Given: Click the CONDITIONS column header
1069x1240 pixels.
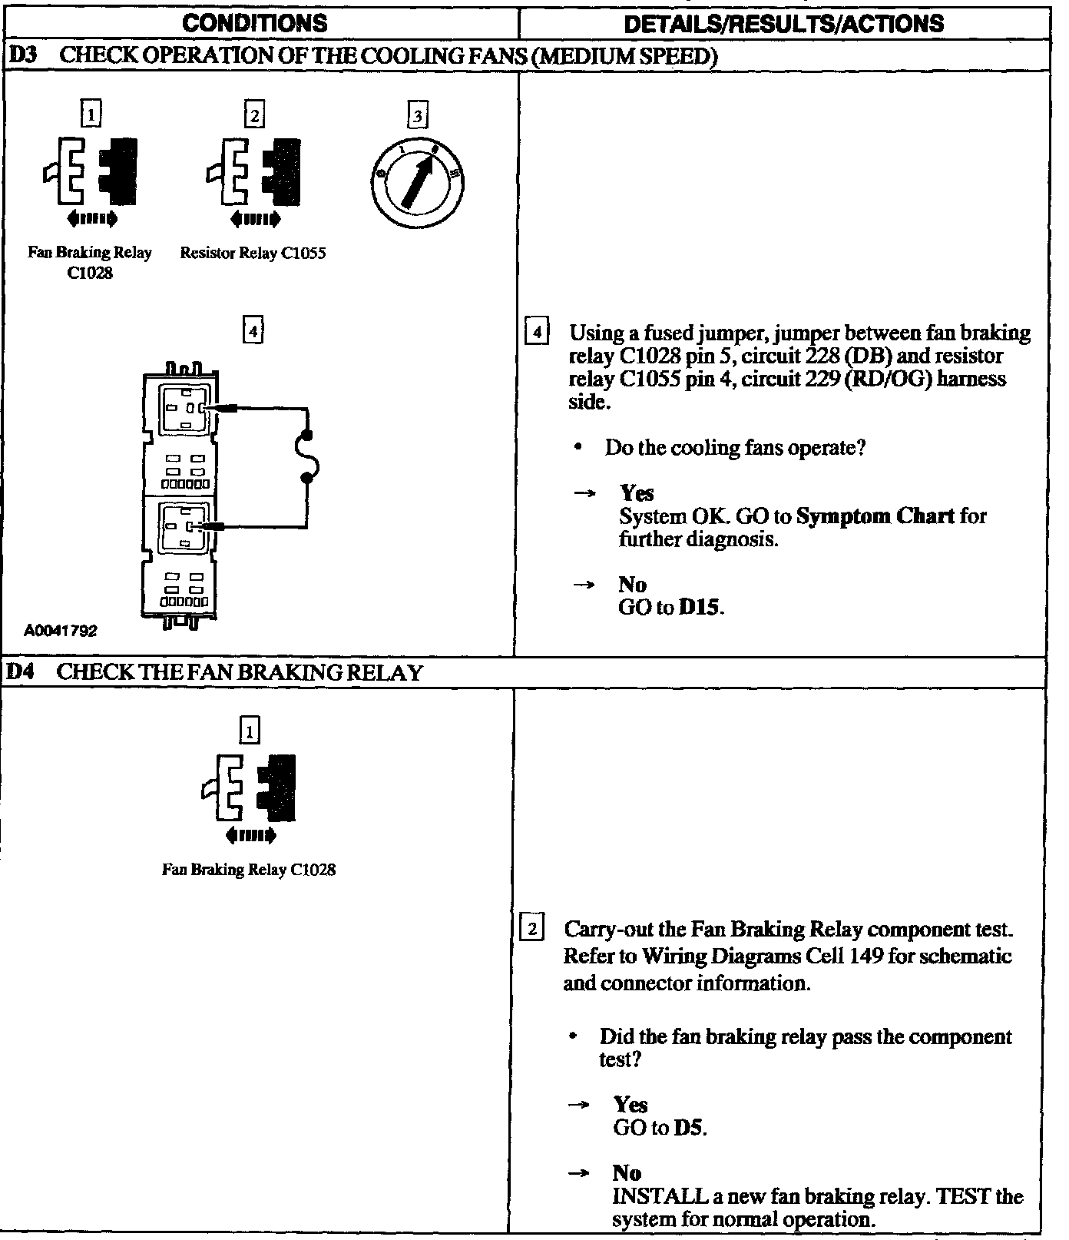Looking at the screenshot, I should [x=254, y=23].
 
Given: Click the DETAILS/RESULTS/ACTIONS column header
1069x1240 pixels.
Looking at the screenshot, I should [x=784, y=24].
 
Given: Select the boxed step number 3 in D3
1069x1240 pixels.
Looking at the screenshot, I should [x=417, y=116].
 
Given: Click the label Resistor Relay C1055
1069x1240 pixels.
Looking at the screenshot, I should [x=253, y=254].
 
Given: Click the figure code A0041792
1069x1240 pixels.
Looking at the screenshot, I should [x=61, y=631].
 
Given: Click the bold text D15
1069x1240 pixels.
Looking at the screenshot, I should [x=700, y=608].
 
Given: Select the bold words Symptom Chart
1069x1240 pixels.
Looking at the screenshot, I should [x=875, y=516].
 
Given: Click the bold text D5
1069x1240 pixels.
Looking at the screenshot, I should [x=689, y=1128].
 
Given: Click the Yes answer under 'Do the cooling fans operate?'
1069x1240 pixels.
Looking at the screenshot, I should [x=637, y=493].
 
